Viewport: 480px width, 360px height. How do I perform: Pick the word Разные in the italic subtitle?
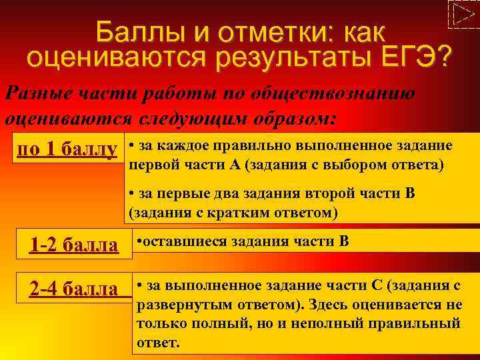(x=36, y=93)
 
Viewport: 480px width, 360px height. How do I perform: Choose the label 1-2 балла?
(x=74, y=245)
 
